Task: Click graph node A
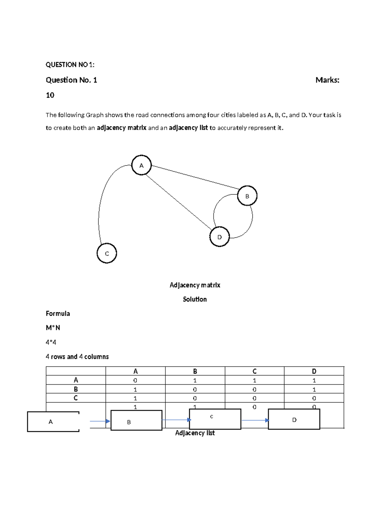tap(141, 166)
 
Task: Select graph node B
tap(247, 196)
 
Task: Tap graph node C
tap(107, 254)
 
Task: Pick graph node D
tap(219, 237)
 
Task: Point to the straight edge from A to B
tap(195, 177)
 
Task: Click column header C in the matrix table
tap(254, 371)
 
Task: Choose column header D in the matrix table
tap(314, 371)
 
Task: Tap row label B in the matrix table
tap(76, 389)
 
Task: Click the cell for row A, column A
tap(135, 380)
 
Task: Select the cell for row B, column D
tap(314, 389)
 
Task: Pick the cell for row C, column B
tap(195, 398)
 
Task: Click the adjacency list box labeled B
tap(136, 420)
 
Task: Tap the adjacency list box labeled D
tap(294, 419)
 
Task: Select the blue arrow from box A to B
tap(100, 421)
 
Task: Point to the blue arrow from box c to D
tap(255, 420)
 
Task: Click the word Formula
tap(58, 313)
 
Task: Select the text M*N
tap(53, 328)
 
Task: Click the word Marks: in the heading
tap(327, 80)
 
